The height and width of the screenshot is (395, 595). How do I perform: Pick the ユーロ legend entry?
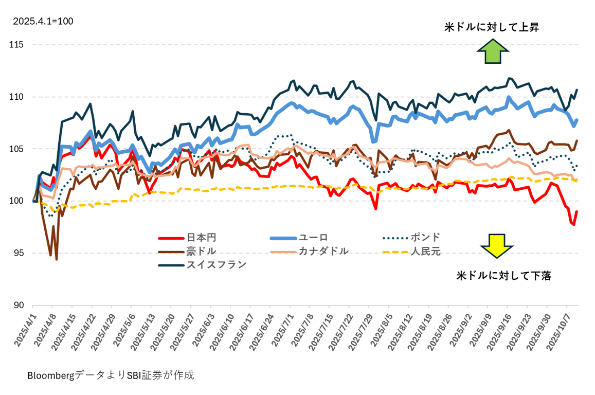point(314,238)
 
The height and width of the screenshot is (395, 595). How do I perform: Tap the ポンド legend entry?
point(425,238)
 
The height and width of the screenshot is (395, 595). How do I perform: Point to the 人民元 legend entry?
point(425,251)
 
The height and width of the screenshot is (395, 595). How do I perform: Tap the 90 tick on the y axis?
point(19,305)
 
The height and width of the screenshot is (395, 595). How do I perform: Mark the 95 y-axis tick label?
point(19,253)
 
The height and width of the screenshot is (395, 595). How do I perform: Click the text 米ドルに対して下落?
point(504,276)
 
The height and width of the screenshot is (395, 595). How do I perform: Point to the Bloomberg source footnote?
point(111,375)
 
